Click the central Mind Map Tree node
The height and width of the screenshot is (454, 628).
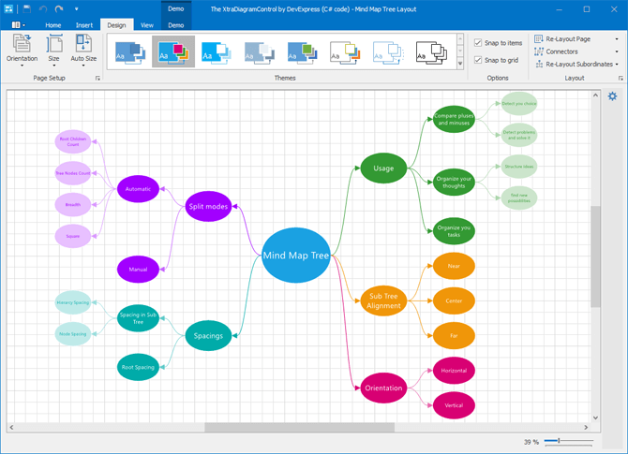pyautogui.click(x=295, y=255)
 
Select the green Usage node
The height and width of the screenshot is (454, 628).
pyautogui.click(x=382, y=168)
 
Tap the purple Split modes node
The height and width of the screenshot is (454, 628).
pyautogui.click(x=208, y=206)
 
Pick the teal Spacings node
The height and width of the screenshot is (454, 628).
pyautogui.click(x=208, y=334)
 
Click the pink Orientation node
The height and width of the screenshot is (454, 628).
pyautogui.click(x=383, y=388)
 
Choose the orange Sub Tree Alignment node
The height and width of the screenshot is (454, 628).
pyautogui.click(x=383, y=300)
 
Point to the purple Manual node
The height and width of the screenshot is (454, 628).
pyautogui.click(x=138, y=270)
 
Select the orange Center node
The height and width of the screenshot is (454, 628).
pyautogui.click(x=454, y=300)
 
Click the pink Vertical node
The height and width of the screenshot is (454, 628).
pyautogui.click(x=454, y=405)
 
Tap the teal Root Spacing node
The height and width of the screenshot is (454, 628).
pyautogui.click(x=138, y=368)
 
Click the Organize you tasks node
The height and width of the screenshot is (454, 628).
pyautogui.click(x=454, y=230)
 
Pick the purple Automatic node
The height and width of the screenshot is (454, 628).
pyautogui.click(x=138, y=190)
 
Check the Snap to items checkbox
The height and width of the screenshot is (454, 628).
pyautogui.click(x=479, y=43)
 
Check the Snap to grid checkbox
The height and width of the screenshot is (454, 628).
pyautogui.click(x=479, y=60)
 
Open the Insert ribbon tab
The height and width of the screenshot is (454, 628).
pyautogui.click(x=84, y=25)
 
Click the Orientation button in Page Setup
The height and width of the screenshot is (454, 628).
pyautogui.click(x=22, y=49)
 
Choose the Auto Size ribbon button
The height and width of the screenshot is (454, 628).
pyautogui.click(x=83, y=49)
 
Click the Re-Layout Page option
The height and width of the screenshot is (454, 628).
pyautogui.click(x=562, y=39)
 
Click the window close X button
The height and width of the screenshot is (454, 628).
pyautogui.click(x=612, y=9)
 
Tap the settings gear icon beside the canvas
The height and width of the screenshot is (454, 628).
pyautogui.click(x=613, y=96)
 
